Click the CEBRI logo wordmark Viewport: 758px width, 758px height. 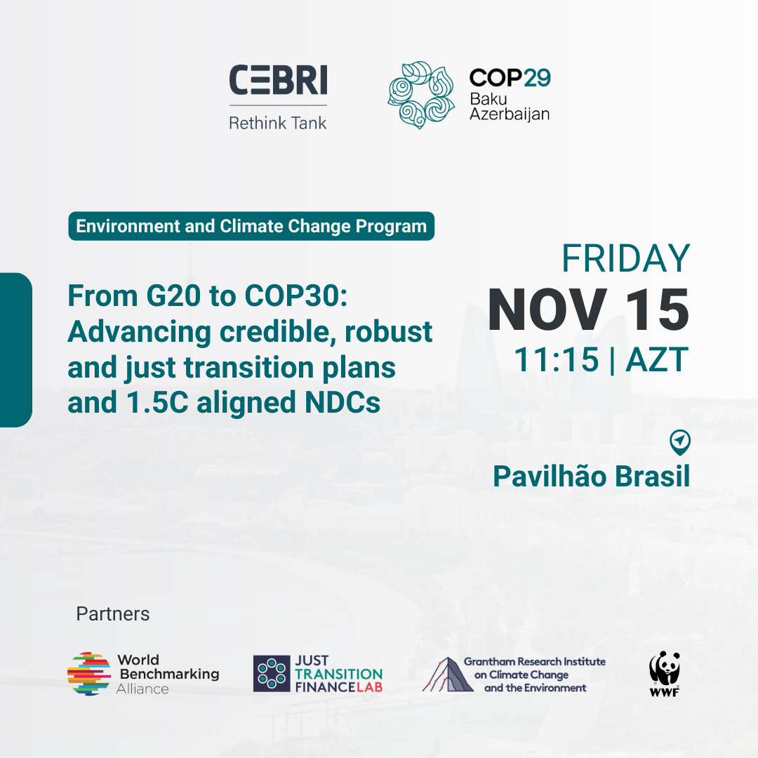278,80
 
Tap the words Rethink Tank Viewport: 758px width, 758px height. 278,124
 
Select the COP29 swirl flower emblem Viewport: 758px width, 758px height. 421,95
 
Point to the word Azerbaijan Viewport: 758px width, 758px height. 510,114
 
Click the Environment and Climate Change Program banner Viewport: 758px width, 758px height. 251,226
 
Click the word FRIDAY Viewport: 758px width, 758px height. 625,258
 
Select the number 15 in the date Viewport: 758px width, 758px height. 657,310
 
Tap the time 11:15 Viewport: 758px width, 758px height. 556,359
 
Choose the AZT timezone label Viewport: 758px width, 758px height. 657,359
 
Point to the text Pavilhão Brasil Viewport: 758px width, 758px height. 591,476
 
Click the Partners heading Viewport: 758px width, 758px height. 112,614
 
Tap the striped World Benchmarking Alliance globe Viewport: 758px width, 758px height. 89,673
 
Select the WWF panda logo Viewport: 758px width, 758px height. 665,673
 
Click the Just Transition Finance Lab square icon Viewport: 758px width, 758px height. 272,673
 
